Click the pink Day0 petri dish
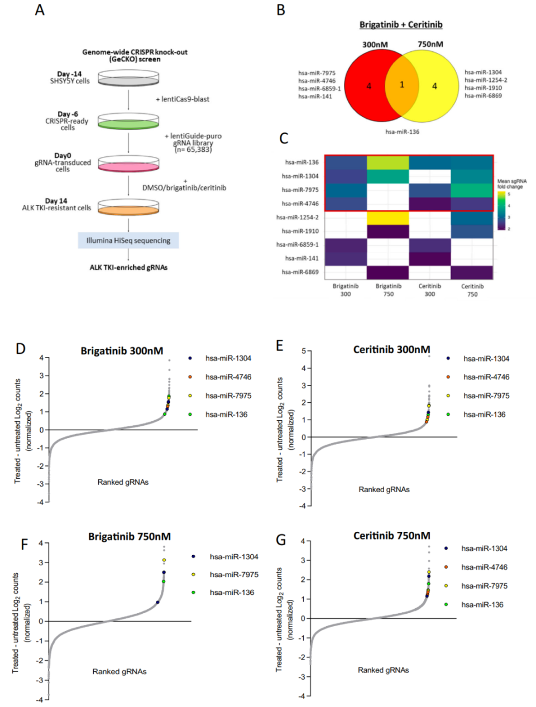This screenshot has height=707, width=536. [x=128, y=165]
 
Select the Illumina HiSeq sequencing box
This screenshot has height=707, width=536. [x=128, y=241]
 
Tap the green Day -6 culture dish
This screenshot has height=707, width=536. [x=128, y=121]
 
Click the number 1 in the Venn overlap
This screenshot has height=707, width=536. [x=401, y=85]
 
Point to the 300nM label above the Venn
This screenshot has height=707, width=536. [x=375, y=44]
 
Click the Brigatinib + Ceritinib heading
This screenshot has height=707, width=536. [x=401, y=25]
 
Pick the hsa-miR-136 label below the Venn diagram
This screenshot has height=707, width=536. [x=402, y=132]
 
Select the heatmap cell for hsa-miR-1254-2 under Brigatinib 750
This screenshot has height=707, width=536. [x=388, y=218]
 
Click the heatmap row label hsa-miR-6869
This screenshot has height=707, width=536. [x=300, y=272]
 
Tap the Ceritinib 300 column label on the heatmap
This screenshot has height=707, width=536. [x=430, y=290]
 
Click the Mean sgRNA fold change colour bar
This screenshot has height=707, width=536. [x=501, y=211]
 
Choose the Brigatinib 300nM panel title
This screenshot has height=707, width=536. [x=122, y=351]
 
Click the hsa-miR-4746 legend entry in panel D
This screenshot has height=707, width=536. [x=228, y=377]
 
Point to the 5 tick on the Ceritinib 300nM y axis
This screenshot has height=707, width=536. [x=304, y=351]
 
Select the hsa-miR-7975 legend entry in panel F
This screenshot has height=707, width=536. [x=234, y=574]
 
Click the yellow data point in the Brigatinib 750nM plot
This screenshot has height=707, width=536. [x=164, y=560]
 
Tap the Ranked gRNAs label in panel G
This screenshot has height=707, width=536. [x=383, y=670]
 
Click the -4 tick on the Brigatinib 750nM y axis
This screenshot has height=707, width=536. [x=40, y=699]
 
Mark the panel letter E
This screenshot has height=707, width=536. [x=280, y=346]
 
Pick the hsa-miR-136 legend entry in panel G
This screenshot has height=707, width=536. [x=482, y=604]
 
